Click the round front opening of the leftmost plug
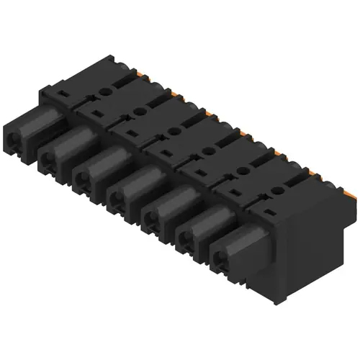16,133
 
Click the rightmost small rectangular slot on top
269,212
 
